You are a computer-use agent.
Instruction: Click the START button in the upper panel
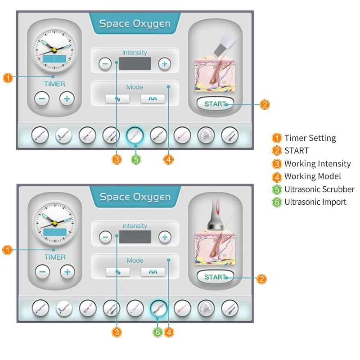215,104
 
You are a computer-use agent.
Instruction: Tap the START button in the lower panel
215,277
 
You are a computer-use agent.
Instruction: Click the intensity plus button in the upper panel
165,64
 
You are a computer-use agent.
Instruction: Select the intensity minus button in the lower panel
105,237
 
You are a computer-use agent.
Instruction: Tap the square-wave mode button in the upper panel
153,99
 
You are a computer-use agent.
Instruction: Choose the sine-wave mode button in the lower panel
118,272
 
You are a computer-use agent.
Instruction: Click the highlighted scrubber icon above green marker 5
135,135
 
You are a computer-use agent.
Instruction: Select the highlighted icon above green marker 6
158,308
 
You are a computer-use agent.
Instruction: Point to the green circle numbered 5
136,159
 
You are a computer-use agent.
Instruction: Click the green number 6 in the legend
277,202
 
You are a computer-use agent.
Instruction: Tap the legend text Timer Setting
310,138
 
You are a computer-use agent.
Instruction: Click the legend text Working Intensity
317,164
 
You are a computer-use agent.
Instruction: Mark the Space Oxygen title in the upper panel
135,23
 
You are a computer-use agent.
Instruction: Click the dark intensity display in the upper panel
135,63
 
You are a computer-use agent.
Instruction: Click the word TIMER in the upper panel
54,84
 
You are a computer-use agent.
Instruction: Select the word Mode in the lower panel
135,260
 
